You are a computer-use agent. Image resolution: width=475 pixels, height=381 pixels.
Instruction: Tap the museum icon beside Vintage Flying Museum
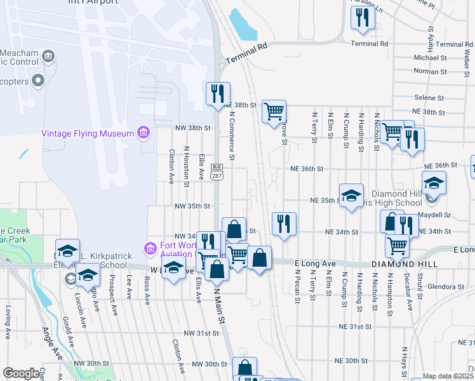pyautogui.click(x=144, y=133)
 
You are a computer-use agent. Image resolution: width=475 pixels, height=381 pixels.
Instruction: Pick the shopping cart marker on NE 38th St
pyautogui.click(x=274, y=112)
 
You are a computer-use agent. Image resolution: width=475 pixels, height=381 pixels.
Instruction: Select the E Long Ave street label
pyautogui.click(x=316, y=263)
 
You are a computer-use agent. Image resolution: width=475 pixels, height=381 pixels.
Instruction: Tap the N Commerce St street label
pyautogui.click(x=232, y=137)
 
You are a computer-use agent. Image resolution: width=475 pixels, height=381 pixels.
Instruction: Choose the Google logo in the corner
pyautogui.click(x=21, y=373)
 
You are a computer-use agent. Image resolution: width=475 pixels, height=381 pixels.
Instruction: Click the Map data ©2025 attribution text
pyautogui.click(x=448, y=377)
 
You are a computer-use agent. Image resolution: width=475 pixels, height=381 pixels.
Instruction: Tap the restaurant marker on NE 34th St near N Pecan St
pyautogui.click(x=284, y=224)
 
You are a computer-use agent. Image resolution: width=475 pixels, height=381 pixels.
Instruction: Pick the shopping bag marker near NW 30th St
pyautogui.click(x=245, y=368)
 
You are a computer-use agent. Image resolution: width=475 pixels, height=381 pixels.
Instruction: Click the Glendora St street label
pyautogui.click(x=447, y=286)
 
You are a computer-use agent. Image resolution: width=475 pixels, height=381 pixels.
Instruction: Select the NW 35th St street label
pyautogui.click(x=193, y=206)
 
